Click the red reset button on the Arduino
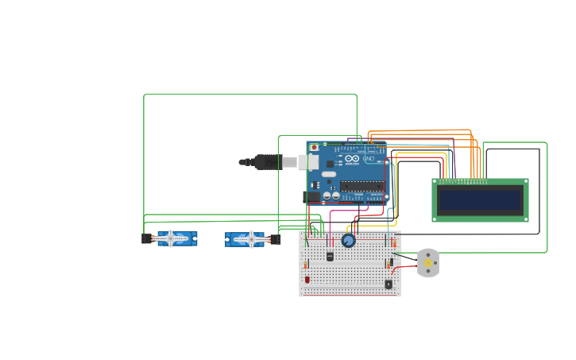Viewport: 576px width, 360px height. [x=314, y=147]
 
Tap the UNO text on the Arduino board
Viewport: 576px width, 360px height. [x=369, y=159]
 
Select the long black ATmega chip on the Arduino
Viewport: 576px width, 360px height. [x=362, y=186]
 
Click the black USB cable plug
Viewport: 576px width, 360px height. [x=267, y=162]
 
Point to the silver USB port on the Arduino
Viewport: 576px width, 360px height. [x=311, y=162]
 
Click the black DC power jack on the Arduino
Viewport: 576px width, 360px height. [x=311, y=196]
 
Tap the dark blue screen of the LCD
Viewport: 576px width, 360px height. [x=480, y=200]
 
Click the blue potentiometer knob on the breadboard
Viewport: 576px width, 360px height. [x=348, y=240]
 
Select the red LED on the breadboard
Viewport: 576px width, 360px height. [x=307, y=279]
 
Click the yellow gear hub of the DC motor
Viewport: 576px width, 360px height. [x=428, y=262]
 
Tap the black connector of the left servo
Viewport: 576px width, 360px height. [x=146, y=238]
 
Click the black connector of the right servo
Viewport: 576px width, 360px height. [x=276, y=239]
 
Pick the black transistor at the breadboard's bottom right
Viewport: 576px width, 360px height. [x=389, y=284]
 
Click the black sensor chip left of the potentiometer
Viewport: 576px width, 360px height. [x=330, y=256]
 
